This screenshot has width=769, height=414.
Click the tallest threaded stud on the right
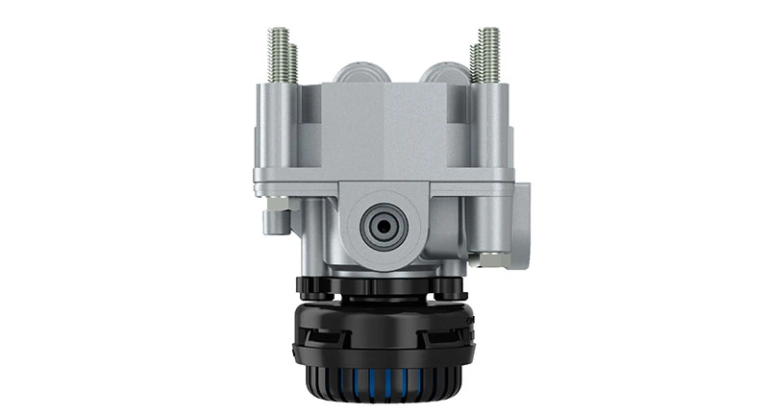click(491, 53)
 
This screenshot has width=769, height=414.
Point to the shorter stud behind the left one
click(294, 61)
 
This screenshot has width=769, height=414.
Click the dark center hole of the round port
click(383, 227)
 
